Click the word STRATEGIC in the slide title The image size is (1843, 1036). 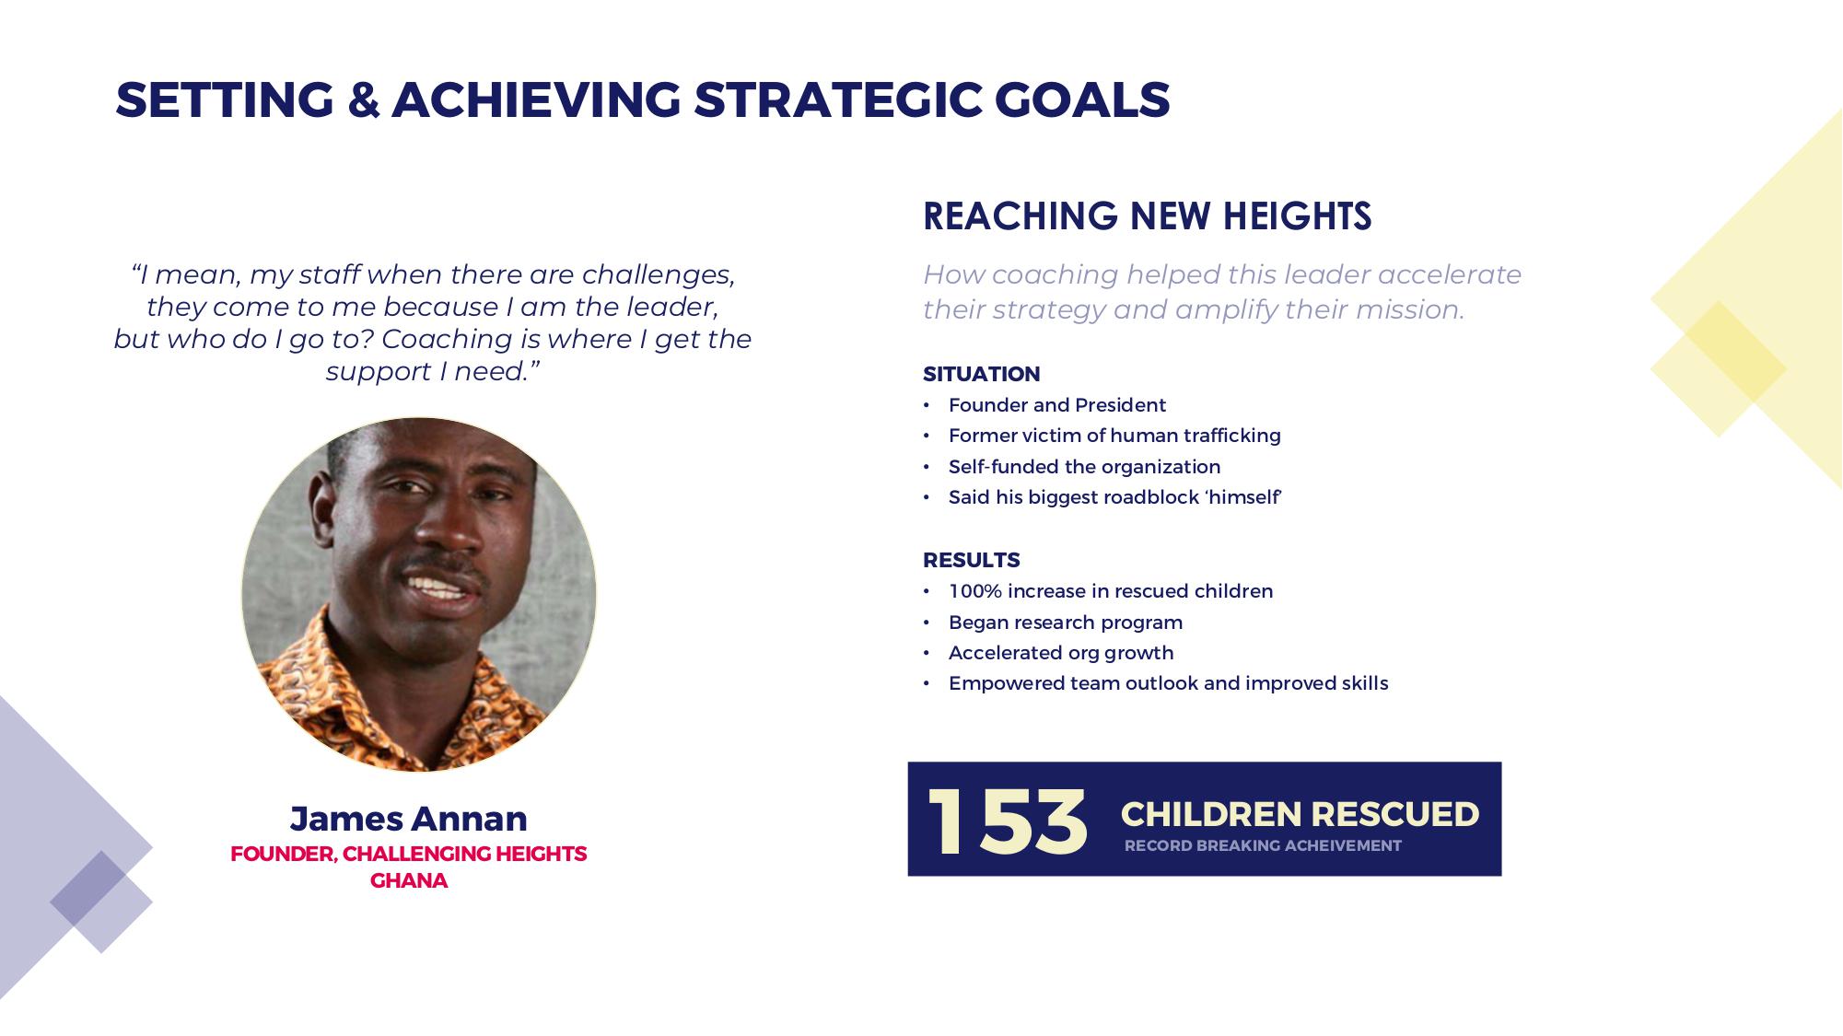point(838,99)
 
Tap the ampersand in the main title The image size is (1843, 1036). point(364,99)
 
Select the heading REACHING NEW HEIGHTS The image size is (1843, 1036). point(1147,216)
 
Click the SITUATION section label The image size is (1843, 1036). point(981,374)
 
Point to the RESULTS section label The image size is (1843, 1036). point(972,560)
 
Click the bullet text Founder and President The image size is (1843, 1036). point(1057,405)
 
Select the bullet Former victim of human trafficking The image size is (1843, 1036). point(1114,436)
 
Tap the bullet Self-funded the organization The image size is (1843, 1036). point(1084,467)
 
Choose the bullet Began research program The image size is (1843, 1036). point(1066,623)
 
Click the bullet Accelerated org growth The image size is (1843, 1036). point(1061,653)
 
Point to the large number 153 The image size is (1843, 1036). point(1007,821)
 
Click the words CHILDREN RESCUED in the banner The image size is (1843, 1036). point(1300,814)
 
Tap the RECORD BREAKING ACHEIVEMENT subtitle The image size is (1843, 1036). point(1263,845)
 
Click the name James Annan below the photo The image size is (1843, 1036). point(409,818)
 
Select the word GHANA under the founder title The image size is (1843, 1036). point(409,880)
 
